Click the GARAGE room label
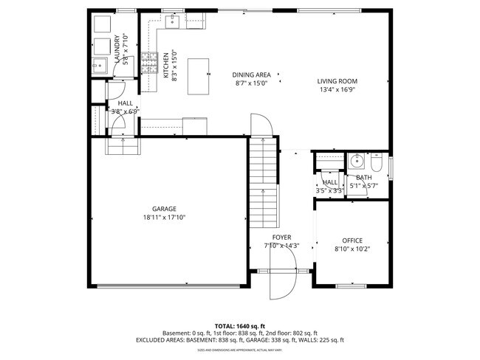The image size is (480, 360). click(x=164, y=209)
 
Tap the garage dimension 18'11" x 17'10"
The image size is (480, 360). click(x=164, y=218)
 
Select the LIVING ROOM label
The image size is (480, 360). click(x=337, y=81)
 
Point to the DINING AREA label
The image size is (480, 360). click(x=251, y=75)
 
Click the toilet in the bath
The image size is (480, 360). click(x=377, y=164)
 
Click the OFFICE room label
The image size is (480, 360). click(x=352, y=240)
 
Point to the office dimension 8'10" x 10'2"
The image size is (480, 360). click(x=352, y=249)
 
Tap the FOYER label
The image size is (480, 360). click(x=281, y=237)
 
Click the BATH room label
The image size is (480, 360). click(x=364, y=178)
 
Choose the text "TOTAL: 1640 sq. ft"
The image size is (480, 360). click(x=239, y=325)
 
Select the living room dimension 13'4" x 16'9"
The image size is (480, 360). click(x=337, y=90)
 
